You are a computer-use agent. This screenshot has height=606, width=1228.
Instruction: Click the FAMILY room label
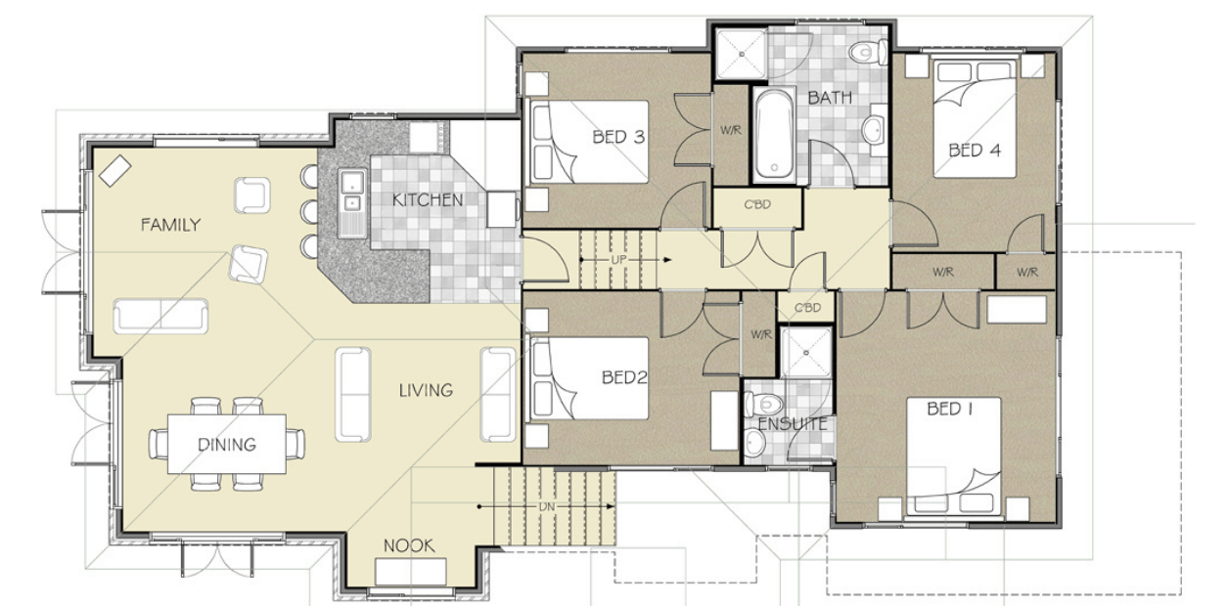click(170, 225)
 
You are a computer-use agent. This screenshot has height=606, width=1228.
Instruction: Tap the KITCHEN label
click(427, 200)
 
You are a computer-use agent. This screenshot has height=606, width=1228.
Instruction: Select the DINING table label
click(226, 445)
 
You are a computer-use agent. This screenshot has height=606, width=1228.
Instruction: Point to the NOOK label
click(408, 546)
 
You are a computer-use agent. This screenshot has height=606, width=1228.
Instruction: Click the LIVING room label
click(426, 390)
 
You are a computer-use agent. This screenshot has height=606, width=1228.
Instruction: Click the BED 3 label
click(618, 137)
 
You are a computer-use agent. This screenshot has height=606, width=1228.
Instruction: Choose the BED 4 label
click(975, 151)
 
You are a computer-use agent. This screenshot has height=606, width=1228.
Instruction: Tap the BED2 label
click(626, 376)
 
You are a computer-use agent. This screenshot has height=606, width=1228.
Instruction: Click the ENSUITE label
click(792, 424)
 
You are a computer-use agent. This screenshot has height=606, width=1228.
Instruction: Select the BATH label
click(830, 98)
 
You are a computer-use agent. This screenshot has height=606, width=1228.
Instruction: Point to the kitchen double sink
click(350, 194)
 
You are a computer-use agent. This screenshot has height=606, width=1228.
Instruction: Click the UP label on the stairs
click(617, 260)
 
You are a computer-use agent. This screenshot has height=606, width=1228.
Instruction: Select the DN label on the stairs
click(548, 507)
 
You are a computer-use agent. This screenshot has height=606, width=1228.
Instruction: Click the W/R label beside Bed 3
click(730, 130)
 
